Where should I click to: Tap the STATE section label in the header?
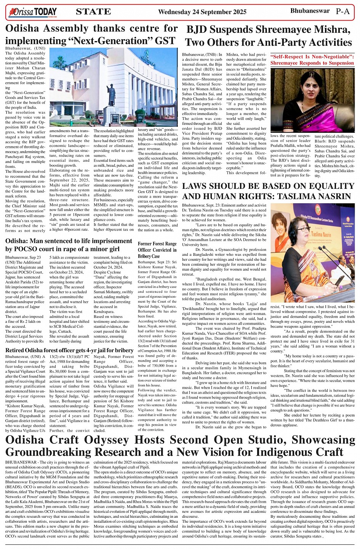pos(93,12)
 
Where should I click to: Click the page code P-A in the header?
pos(342,11)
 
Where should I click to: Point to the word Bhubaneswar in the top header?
pos(310,11)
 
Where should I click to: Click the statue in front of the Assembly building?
pos(112,93)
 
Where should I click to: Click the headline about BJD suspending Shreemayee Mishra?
pos(268,36)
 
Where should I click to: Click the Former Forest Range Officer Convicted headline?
pos(157,250)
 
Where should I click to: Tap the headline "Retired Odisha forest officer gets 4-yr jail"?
pos(69,350)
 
